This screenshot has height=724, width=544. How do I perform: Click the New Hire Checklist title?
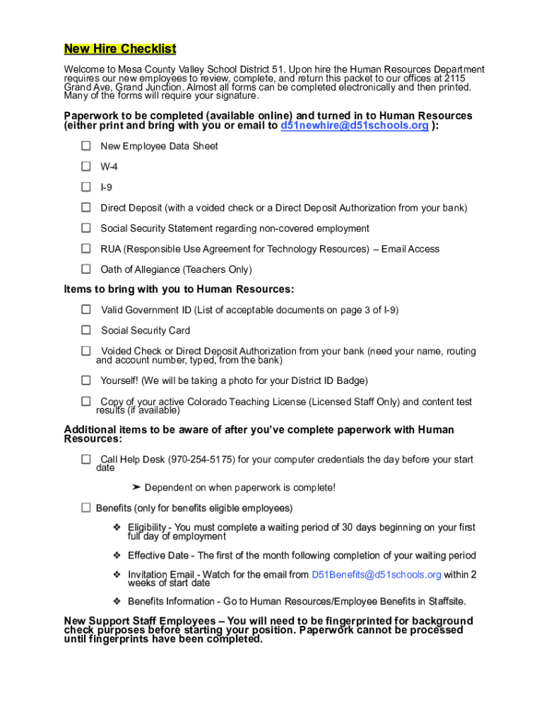coord(120,49)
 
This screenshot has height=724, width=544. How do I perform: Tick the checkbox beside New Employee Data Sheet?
coord(86,146)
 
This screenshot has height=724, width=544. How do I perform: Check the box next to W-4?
coord(86,167)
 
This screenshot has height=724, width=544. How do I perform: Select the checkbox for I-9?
coord(86,187)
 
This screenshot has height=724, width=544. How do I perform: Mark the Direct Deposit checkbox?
coord(86,208)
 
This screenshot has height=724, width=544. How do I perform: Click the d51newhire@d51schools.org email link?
coord(355,126)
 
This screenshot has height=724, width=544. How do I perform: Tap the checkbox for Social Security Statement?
coord(86,228)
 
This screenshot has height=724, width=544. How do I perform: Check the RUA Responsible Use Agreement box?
coord(86,249)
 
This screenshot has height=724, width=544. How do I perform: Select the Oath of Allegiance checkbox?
coord(86,269)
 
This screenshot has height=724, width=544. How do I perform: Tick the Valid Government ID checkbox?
coord(86,310)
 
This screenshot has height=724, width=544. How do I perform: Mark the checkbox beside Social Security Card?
coord(86,330)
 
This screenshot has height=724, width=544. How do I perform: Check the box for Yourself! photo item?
coord(86,380)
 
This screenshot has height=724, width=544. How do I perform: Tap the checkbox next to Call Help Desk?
coord(86,460)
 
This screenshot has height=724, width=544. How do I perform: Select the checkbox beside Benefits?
coord(86,508)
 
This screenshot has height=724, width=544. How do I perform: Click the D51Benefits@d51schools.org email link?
coord(377,575)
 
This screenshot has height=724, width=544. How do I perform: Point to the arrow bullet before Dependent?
coord(136,488)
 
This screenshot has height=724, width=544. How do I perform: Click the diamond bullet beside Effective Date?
coord(117,556)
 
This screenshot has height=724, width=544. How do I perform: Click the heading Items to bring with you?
coord(179,289)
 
